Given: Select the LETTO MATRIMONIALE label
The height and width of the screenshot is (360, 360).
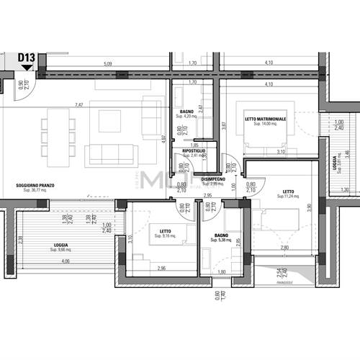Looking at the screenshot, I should point(265,119).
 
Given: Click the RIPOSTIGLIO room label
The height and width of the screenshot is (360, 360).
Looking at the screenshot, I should point(194,150).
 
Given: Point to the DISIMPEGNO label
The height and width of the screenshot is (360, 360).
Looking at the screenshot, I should point(213,179).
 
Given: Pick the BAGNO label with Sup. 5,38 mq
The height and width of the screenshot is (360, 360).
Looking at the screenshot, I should point(220,235).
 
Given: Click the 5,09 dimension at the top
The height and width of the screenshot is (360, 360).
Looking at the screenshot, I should point(108,64).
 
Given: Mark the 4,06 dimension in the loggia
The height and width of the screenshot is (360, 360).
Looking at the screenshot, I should point(65,261).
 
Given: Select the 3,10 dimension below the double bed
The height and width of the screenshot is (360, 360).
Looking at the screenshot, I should point(282,151).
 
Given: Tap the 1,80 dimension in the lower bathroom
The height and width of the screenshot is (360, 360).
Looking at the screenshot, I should point(222,271).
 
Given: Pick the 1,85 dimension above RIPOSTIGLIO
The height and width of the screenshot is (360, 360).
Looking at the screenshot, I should point(194,145).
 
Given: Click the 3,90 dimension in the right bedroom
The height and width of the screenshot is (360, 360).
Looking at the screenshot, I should point(310,207).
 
